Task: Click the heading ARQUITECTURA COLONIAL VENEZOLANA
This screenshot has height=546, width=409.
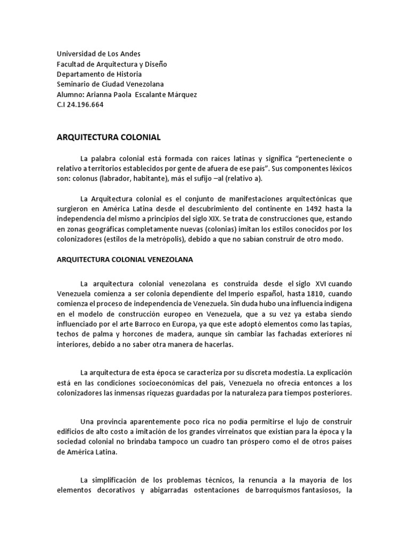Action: point(125,260)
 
